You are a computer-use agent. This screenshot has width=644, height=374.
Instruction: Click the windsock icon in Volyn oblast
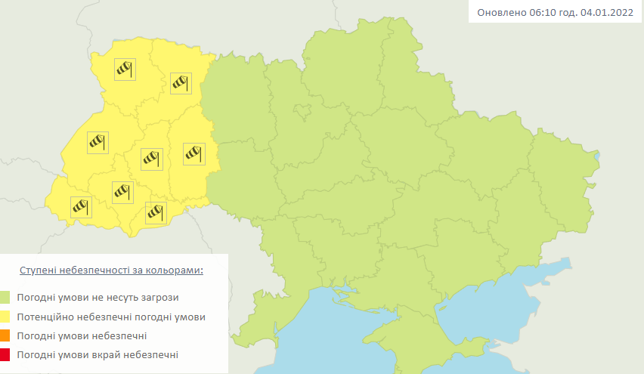124,70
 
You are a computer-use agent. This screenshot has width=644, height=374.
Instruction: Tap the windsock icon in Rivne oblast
181,82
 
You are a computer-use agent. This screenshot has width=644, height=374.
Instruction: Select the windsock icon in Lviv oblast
98,142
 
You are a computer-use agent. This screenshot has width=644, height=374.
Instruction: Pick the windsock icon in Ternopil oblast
152,158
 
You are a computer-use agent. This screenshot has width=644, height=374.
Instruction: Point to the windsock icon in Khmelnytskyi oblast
194,153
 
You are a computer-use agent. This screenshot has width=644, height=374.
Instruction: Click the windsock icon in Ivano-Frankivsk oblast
122,192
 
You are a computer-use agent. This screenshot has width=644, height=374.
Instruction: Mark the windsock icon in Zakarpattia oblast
81,206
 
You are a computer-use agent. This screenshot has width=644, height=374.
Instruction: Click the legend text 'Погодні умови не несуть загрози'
98,298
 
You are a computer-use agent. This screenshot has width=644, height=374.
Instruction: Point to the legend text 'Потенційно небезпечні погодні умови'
110,317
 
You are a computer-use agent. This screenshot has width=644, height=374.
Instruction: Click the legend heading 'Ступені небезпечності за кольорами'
111,270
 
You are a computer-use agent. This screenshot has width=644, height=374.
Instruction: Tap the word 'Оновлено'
500,13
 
